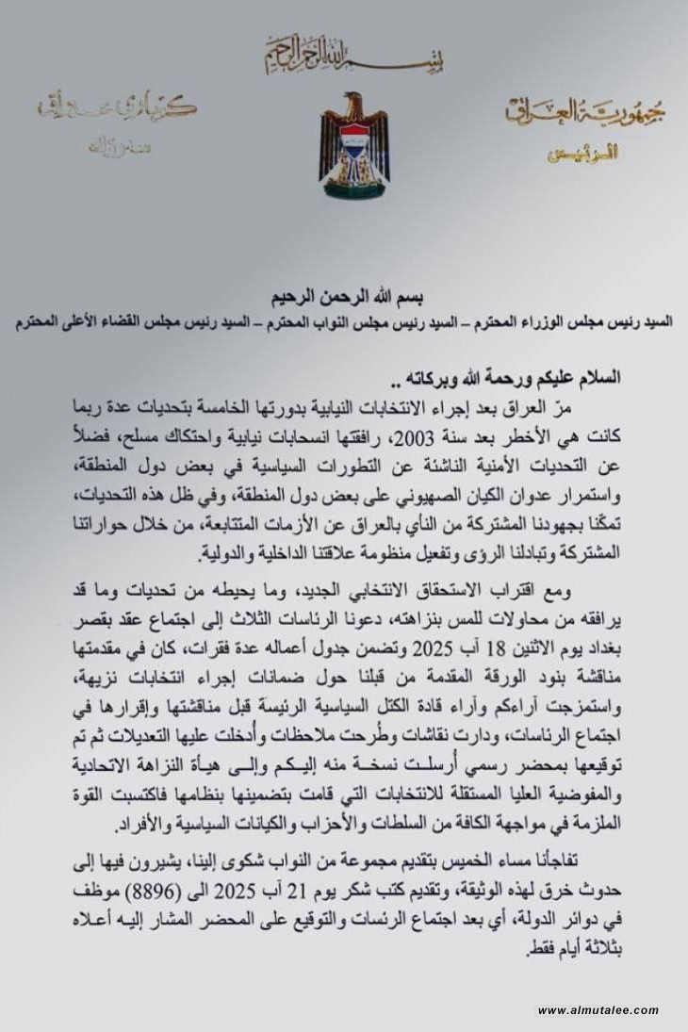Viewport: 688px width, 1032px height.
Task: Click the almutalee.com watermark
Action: [x=598, y=1010]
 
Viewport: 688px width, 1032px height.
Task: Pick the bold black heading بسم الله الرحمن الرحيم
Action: [x=344, y=294]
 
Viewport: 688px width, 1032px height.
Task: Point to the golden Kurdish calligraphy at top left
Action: [x=118, y=107]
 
